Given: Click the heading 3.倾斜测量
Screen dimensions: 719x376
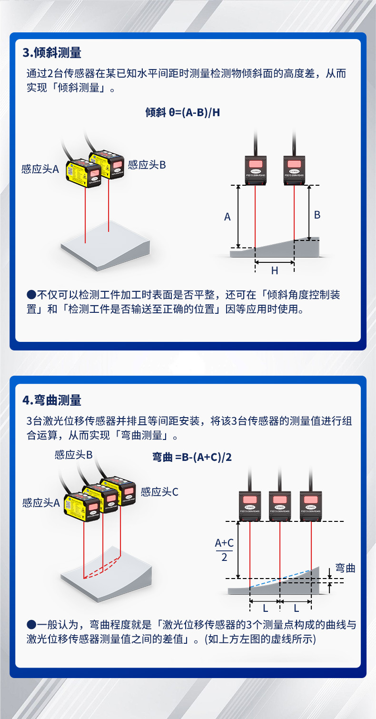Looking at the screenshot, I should (x=52, y=52).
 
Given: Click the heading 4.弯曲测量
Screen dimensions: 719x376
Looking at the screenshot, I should (x=52, y=400).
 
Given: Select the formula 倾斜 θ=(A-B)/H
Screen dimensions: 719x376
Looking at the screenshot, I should (x=182, y=112).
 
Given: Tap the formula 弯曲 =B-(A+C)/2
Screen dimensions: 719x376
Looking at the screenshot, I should (x=192, y=457).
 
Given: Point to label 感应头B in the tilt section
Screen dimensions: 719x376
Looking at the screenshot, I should (x=147, y=165).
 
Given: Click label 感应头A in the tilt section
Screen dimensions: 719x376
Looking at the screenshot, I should (x=40, y=169).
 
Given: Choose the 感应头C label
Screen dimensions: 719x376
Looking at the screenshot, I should (x=159, y=492).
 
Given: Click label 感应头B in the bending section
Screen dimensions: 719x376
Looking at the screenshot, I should (x=73, y=455).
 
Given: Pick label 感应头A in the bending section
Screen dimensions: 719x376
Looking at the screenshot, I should (x=41, y=503).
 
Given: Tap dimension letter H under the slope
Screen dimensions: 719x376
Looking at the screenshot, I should (x=275, y=270).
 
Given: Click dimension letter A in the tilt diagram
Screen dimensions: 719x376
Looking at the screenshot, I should (x=228, y=217).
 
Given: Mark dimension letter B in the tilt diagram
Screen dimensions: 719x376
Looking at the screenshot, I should (x=317, y=215).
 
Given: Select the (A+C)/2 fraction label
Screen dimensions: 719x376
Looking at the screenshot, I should (x=224, y=550).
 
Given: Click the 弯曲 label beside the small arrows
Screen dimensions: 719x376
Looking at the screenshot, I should (x=345, y=568).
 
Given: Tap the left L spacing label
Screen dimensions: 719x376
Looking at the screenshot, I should (x=265, y=608).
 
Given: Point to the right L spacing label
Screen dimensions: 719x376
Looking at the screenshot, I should (x=296, y=608).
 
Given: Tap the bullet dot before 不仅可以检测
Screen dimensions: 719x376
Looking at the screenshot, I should (x=31, y=295).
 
